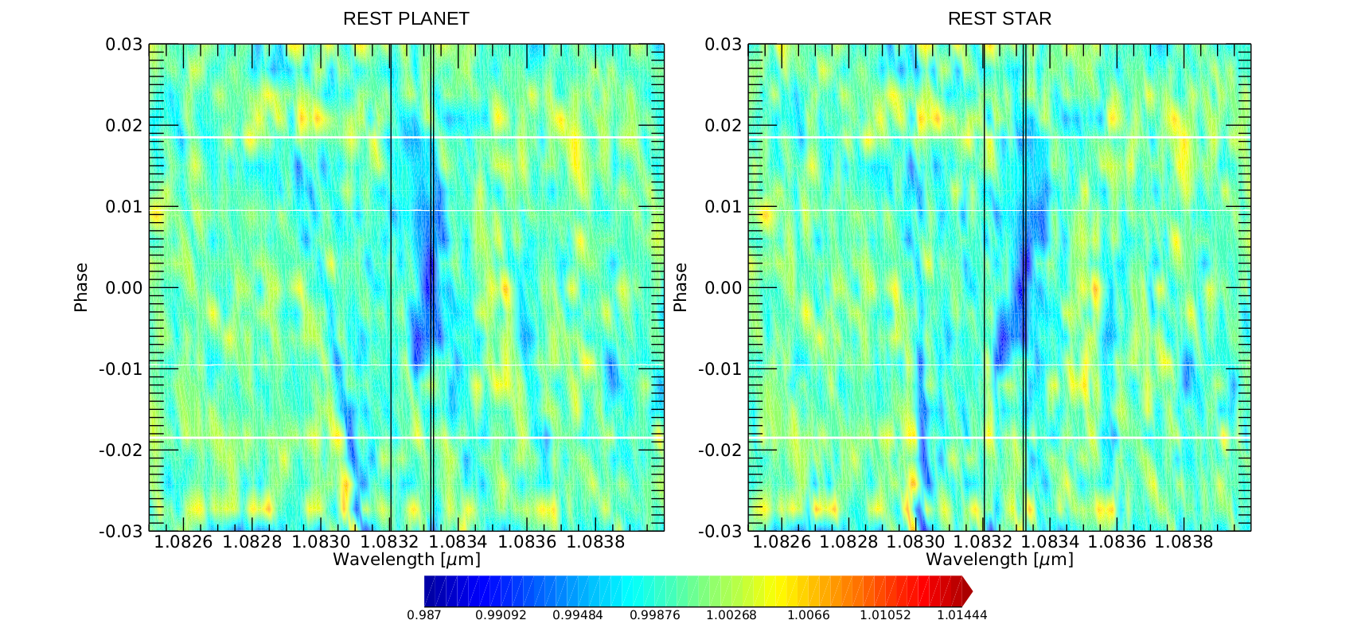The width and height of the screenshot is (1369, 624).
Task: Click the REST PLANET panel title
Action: [x=406, y=18]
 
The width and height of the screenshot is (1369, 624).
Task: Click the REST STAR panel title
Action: [x=999, y=18]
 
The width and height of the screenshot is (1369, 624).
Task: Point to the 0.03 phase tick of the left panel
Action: [x=124, y=45]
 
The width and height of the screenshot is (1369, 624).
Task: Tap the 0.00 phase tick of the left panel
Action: [x=124, y=287]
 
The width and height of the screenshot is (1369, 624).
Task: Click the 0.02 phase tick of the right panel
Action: [x=724, y=126]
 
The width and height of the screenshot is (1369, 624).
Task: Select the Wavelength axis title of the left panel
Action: [x=407, y=560]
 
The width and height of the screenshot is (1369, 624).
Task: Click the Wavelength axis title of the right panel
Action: [x=1000, y=560]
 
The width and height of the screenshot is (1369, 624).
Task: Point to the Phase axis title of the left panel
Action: [x=81, y=287]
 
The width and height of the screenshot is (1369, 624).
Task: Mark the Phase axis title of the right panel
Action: [x=680, y=287]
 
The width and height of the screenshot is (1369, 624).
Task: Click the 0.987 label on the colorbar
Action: [x=423, y=614]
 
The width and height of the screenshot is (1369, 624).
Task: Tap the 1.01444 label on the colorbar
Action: [x=961, y=614]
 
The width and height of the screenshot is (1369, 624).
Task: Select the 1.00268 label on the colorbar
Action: [x=731, y=614]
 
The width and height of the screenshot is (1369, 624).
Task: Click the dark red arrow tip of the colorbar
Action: [x=968, y=591]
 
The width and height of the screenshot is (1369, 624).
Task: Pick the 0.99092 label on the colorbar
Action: [x=501, y=614]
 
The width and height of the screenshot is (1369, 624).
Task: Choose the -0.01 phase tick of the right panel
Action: [x=720, y=369]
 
